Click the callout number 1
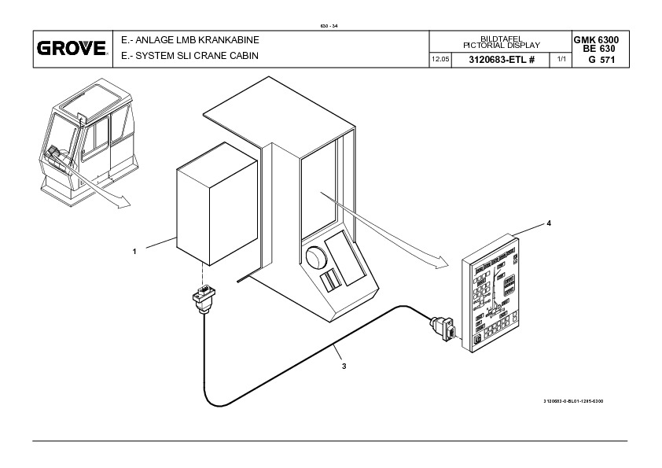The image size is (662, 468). (x=134, y=252)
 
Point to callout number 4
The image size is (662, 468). (x=549, y=224)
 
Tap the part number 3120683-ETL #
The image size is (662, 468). (x=501, y=61)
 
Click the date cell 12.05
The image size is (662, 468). (x=439, y=61)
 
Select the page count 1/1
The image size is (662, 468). (x=561, y=61)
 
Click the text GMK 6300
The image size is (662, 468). (x=601, y=39)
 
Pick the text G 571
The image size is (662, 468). (x=601, y=61)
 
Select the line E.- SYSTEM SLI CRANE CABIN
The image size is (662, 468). (x=189, y=57)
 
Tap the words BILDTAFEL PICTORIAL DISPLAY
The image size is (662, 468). (x=500, y=42)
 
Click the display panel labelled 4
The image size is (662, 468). (x=497, y=295)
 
